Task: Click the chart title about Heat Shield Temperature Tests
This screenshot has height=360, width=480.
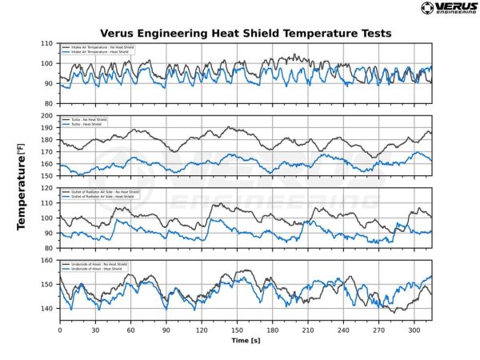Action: click(245, 34)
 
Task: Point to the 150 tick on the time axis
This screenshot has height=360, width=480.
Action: click(236, 330)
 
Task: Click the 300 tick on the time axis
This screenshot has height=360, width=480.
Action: click(413, 330)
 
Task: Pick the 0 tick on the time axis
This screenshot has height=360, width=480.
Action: click(60, 330)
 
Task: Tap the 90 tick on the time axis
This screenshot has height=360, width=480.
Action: click(166, 330)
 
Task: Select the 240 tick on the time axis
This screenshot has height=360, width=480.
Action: click(342, 330)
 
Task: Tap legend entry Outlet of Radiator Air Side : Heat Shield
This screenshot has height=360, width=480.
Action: click(104, 197)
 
